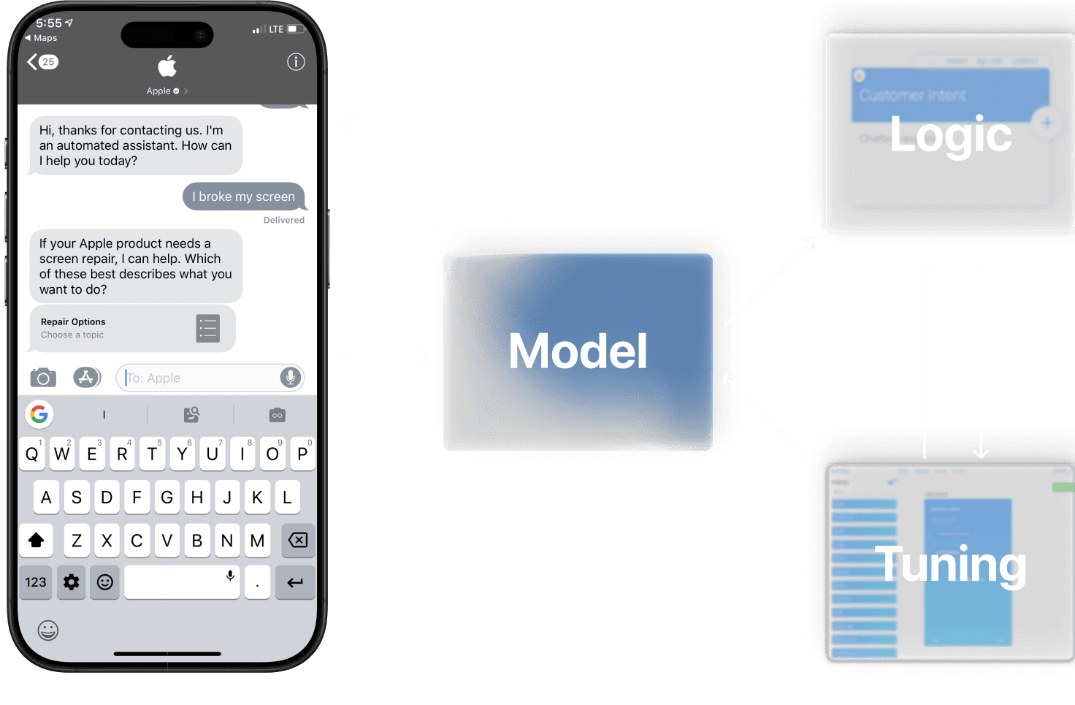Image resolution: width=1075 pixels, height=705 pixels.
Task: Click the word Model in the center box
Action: [x=578, y=351]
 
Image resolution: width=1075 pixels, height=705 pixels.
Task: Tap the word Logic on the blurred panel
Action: [x=950, y=135]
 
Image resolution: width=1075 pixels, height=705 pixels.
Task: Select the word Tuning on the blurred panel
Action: [x=950, y=564]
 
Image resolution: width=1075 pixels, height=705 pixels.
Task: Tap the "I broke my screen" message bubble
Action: [x=243, y=197]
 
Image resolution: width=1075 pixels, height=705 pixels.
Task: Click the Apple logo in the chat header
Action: [x=167, y=66]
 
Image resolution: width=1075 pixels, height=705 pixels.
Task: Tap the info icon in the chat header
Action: [x=296, y=62]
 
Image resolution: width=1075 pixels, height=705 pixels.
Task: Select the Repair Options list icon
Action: [x=208, y=329]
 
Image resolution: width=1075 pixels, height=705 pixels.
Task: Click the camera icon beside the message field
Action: [x=43, y=378]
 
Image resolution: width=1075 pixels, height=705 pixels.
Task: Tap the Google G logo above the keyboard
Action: [x=39, y=414]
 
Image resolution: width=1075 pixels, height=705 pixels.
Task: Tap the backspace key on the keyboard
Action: [x=298, y=540]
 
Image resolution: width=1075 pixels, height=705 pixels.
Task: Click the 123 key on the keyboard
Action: [x=36, y=582]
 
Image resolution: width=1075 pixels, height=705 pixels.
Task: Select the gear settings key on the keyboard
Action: [x=72, y=582]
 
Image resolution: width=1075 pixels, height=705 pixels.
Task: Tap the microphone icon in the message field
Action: [x=290, y=377]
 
